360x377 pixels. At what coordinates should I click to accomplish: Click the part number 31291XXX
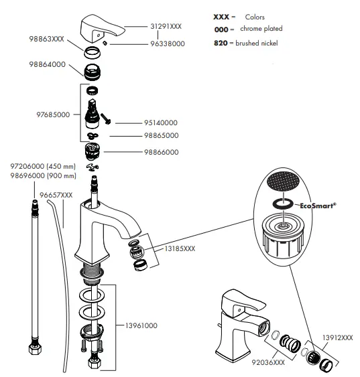(x=166, y=25)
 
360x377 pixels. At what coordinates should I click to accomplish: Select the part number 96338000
(x=166, y=45)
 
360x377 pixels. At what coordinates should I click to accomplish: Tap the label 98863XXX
(x=47, y=40)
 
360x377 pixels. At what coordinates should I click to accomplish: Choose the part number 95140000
(x=160, y=123)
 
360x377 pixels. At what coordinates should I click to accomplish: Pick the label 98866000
(x=161, y=152)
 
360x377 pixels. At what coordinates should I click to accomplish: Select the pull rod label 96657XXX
(x=57, y=195)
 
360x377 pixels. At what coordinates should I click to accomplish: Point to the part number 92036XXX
(x=269, y=362)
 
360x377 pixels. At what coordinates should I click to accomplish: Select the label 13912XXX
(x=338, y=338)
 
